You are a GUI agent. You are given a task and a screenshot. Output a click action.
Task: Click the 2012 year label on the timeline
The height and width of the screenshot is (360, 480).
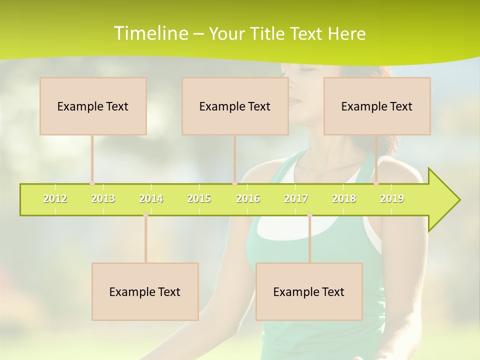coord(55,198)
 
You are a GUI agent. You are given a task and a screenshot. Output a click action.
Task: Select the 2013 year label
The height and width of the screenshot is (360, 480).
coord(103,198)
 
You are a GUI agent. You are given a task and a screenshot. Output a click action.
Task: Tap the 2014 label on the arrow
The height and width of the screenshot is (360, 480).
coord(151,198)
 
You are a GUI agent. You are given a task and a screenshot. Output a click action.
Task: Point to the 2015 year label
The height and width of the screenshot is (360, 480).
coord(199,198)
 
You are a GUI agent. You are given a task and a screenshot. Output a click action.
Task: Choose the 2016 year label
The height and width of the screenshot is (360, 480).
coord(248,198)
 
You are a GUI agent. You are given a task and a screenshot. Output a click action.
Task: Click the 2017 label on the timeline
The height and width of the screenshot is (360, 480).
coord(296,198)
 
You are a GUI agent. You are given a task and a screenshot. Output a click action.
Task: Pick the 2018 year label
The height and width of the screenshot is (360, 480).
coord(344,198)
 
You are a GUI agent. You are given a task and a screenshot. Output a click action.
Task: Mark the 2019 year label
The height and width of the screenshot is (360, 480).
coord(392,198)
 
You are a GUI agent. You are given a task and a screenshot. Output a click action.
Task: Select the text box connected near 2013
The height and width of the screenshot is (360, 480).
coord(93,106)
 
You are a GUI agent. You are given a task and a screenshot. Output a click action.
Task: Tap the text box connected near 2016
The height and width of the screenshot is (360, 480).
coord(235,106)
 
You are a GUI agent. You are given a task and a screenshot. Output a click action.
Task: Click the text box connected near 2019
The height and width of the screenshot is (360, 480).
coord(377,106)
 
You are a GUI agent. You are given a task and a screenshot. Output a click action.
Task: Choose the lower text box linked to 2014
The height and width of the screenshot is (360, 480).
coord(145,291)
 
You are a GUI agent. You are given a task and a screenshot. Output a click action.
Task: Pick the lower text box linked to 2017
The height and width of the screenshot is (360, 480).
coord(309,291)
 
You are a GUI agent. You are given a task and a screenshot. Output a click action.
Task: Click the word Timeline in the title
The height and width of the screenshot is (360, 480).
coord(150,33)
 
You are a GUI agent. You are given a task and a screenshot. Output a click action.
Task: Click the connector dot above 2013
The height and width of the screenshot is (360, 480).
coord(92,183)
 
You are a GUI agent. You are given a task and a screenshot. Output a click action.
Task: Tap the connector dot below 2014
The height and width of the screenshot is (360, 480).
coord(145,215)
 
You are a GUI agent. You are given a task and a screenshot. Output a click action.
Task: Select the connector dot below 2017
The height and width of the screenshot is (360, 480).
coord(309,215)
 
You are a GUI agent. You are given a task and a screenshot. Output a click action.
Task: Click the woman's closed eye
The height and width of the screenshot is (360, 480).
coord(306,69)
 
